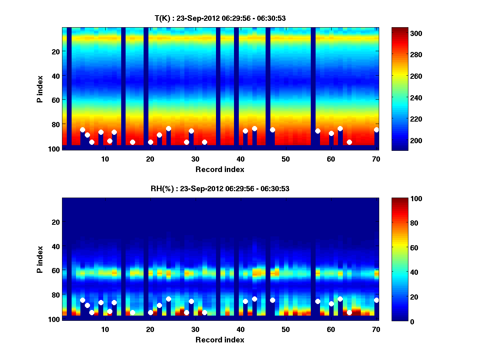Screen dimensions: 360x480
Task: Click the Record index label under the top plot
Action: click(x=220, y=170)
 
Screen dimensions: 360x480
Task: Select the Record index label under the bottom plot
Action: click(x=220, y=340)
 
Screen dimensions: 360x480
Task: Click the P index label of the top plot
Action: click(x=40, y=89)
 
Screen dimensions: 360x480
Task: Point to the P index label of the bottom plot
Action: click(x=40, y=259)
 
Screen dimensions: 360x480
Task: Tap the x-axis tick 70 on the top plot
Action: click(x=376, y=159)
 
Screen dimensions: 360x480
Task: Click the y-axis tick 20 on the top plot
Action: click(x=56, y=51)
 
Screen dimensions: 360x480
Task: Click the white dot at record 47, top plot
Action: click(x=272, y=130)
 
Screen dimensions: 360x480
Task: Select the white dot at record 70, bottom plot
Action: click(x=376, y=300)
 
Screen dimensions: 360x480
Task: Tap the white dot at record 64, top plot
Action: click(x=349, y=142)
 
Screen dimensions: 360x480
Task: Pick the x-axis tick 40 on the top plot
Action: click(x=240, y=159)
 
